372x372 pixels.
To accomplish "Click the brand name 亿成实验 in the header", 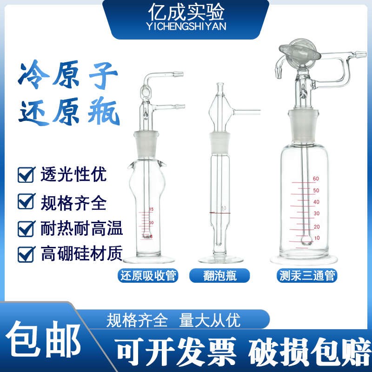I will click(x=186, y=11).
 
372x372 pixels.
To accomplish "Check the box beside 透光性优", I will click(x=25, y=175).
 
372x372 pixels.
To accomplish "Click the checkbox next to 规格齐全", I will click(x=25, y=202).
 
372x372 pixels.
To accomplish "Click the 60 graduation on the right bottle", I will click(x=316, y=179).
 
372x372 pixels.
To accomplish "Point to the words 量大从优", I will click(x=210, y=320).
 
